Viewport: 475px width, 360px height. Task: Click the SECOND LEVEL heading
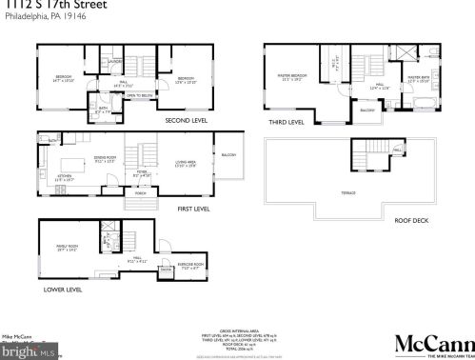tap(186, 121)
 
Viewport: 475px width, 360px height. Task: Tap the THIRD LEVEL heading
tap(286, 122)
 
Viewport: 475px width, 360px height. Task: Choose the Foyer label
tap(141, 172)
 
